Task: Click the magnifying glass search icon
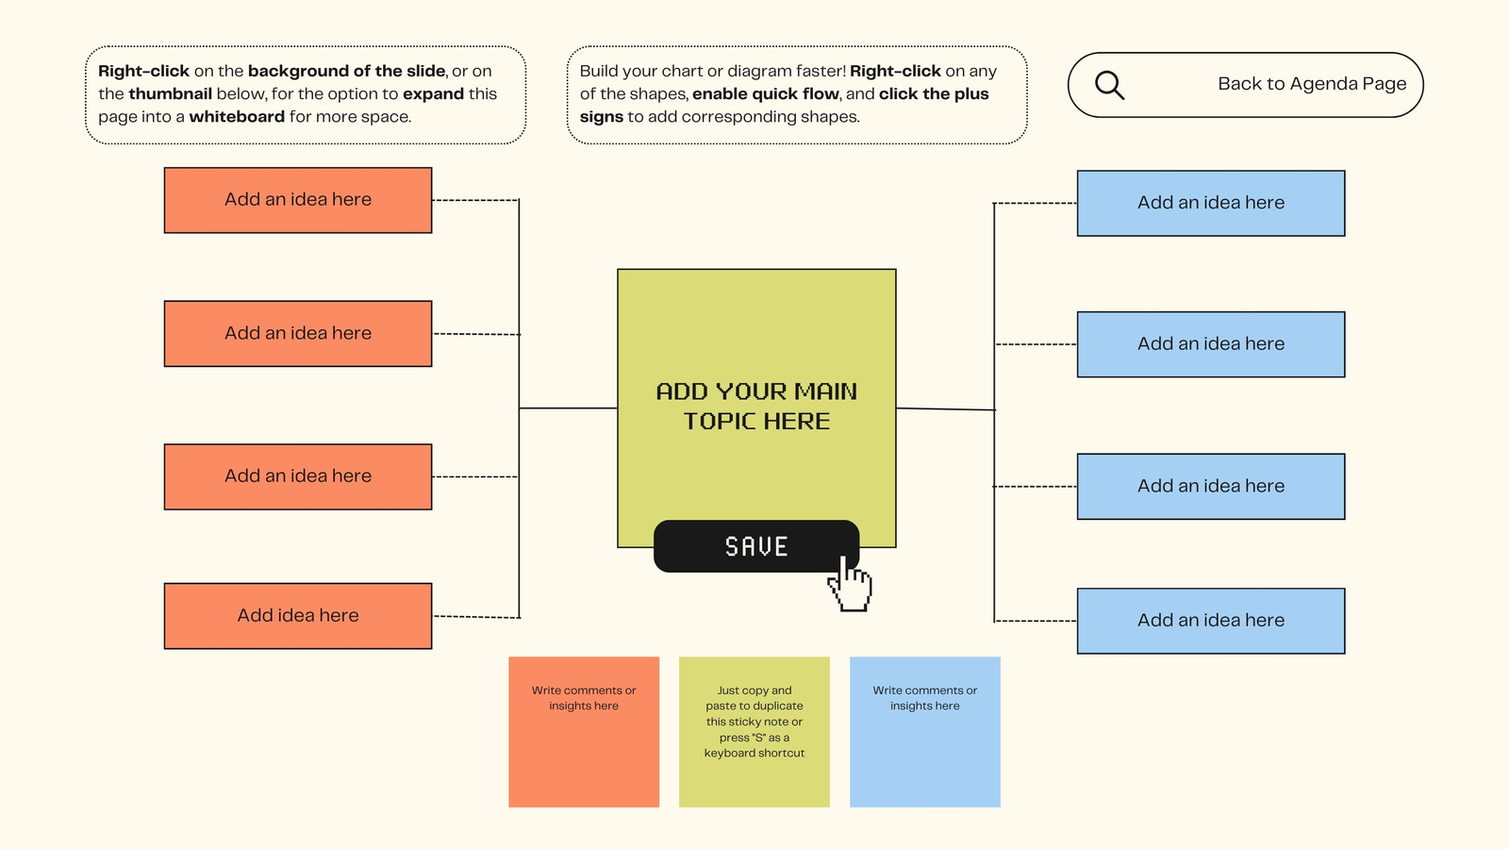point(1109,86)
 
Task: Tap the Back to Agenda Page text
point(1312,84)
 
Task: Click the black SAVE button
point(755,546)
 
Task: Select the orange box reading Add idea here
point(298,616)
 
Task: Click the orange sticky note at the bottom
point(584,732)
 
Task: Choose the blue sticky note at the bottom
point(925,732)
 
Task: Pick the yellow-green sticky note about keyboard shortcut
point(754,732)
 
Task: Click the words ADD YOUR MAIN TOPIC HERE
point(756,407)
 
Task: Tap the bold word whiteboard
point(237,117)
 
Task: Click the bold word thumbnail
point(171,93)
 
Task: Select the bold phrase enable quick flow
point(766,93)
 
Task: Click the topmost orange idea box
point(298,200)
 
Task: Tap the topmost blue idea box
point(1211,203)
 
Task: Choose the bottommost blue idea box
point(1211,621)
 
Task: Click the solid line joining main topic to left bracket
point(568,408)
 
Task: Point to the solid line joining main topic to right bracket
point(946,408)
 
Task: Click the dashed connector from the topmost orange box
point(475,200)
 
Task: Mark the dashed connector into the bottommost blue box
point(1036,621)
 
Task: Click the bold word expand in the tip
point(433,93)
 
